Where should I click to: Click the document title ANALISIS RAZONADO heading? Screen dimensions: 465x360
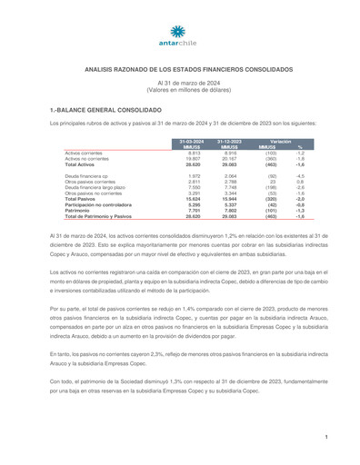(x=179, y=68)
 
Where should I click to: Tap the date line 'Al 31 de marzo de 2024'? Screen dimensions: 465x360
(x=180, y=83)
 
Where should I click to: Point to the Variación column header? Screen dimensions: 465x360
(x=281, y=142)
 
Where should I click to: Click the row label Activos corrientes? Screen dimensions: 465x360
(x=84, y=153)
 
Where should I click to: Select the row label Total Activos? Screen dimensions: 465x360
(x=81, y=164)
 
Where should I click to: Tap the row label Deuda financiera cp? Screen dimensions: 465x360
(x=85, y=175)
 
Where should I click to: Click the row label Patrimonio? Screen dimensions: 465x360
(x=78, y=211)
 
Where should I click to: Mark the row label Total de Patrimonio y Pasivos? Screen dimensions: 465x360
(x=98, y=216)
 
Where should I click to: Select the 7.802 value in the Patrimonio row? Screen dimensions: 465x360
(x=232, y=211)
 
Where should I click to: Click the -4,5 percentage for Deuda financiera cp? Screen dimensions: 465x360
(x=299, y=175)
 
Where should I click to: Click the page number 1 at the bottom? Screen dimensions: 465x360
(x=325, y=438)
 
